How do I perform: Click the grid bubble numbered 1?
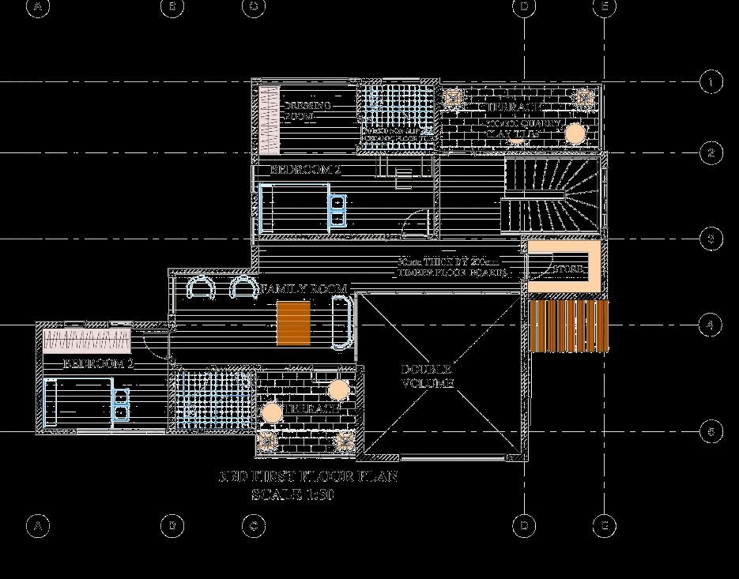pos(711,82)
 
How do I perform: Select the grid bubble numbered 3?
pos(711,239)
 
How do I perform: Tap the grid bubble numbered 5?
pos(711,431)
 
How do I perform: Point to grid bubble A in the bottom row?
pos(36,525)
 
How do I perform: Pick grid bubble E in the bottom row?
pos(604,525)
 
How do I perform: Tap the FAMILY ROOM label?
pos(304,290)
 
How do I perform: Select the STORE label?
pos(568,269)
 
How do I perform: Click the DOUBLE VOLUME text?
pos(427,376)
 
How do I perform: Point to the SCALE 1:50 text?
pos(293,495)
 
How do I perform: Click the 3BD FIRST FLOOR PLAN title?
pos(307,477)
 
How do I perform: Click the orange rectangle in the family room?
pos(296,323)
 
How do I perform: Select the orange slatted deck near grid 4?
pos(568,325)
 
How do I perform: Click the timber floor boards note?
pos(451,267)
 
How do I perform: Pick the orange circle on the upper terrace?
pos(575,133)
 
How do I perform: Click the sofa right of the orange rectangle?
pos(341,321)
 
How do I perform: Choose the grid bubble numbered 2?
pos(711,153)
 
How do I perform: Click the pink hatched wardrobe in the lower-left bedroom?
pos(86,340)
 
